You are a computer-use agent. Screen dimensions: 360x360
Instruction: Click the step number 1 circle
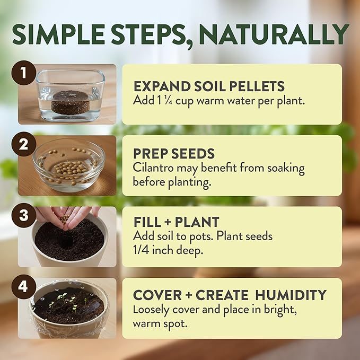point(24,74)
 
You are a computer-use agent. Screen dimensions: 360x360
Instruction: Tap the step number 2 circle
point(24,145)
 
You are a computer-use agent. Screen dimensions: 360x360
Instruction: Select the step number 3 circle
point(24,216)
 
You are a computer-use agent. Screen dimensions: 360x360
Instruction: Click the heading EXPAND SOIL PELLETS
point(209,86)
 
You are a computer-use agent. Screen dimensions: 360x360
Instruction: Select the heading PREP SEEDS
point(174,154)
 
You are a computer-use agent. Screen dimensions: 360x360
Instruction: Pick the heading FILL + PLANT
point(176,222)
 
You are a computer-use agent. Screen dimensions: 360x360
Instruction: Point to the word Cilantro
point(151,169)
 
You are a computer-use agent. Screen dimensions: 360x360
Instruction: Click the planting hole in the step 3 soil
point(64,240)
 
